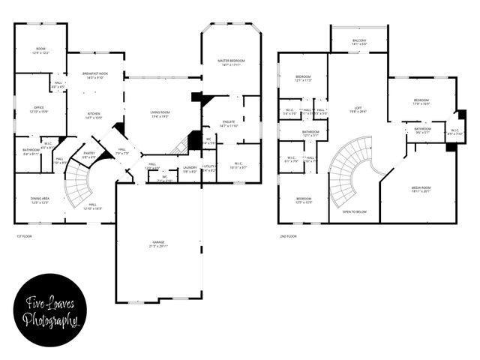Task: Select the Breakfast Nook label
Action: click(x=95, y=75)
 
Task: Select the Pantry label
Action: click(x=88, y=154)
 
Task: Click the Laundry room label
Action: click(x=190, y=169)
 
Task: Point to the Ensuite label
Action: click(x=229, y=123)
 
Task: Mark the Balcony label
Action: click(x=359, y=42)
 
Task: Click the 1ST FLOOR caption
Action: click(x=25, y=236)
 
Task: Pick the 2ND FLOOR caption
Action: click(x=287, y=236)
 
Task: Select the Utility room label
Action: click(x=209, y=169)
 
